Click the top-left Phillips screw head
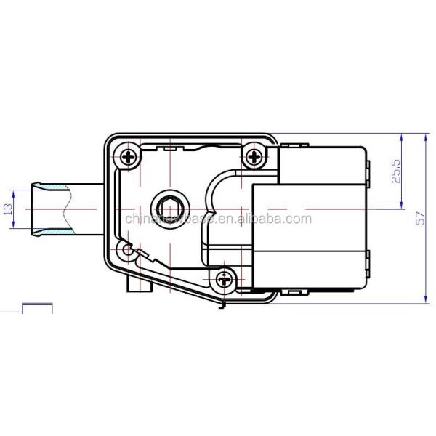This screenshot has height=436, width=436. (129, 156)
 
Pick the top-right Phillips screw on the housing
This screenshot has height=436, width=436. (254, 156)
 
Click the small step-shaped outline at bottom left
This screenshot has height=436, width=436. (36, 306)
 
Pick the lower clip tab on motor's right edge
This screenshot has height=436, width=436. (370, 258)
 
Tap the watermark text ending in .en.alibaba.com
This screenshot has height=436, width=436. (218, 219)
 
